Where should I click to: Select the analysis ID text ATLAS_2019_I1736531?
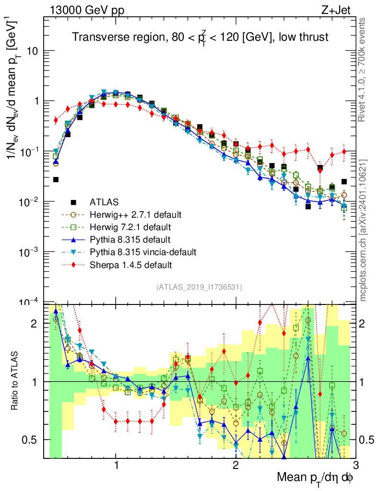199,287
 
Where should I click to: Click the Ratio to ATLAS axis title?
15,381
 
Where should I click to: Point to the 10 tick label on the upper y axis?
32,51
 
